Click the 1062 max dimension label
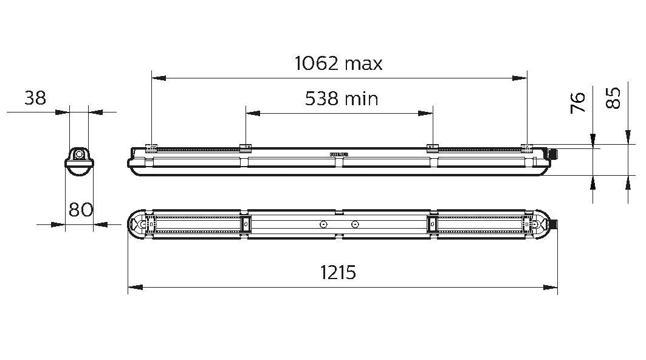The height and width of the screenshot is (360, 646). pyautogui.click(x=338, y=63)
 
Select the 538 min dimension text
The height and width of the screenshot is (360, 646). pyautogui.click(x=341, y=99)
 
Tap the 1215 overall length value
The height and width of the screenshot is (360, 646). pyautogui.click(x=338, y=273)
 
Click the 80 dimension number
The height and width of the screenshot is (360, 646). pyautogui.click(x=80, y=210)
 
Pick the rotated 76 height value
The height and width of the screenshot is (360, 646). pyautogui.click(x=579, y=102)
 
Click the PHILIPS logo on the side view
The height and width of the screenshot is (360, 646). pyautogui.click(x=339, y=155)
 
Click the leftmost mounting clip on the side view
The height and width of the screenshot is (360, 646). pyautogui.click(x=151, y=147)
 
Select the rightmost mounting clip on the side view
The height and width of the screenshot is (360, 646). pyautogui.click(x=527, y=147)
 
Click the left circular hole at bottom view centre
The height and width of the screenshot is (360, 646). pyautogui.click(x=323, y=224)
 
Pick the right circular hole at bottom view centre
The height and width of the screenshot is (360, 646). pyautogui.click(x=355, y=224)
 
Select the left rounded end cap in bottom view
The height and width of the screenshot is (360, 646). pyautogui.click(x=137, y=224)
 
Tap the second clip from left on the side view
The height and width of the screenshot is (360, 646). pyautogui.click(x=246, y=147)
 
